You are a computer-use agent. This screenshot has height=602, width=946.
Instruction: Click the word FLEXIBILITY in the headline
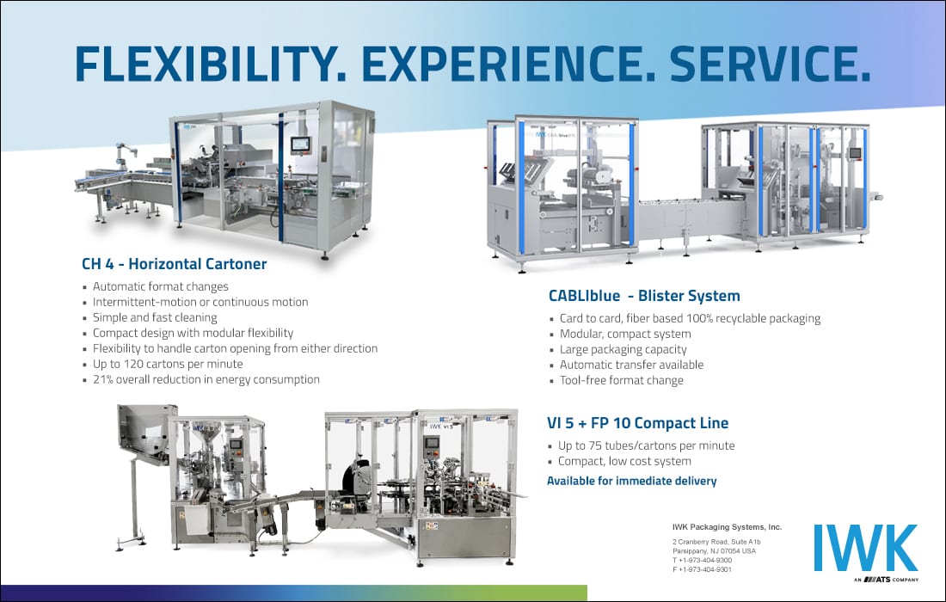[211, 64]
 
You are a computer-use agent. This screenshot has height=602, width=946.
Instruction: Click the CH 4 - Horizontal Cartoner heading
[175, 264]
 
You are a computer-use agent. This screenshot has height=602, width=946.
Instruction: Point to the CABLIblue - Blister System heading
[644, 296]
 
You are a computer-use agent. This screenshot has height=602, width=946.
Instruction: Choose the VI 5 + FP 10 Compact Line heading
[638, 423]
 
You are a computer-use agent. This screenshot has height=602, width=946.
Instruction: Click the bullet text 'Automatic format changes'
[161, 286]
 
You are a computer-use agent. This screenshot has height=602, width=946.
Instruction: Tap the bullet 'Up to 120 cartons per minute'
[168, 364]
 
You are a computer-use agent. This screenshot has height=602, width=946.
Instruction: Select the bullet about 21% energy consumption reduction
[206, 379]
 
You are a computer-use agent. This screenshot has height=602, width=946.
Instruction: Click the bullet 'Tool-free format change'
[622, 380]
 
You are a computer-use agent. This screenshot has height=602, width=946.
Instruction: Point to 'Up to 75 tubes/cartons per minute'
[646, 445]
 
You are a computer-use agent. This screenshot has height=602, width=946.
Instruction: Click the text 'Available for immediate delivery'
[632, 481]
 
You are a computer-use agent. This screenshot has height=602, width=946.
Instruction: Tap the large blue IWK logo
[866, 548]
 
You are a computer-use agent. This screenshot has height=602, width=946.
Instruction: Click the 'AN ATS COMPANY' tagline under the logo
[887, 580]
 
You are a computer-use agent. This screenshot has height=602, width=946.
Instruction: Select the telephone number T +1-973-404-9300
[703, 561]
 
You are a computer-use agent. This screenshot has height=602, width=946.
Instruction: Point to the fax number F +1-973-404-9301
[703, 569]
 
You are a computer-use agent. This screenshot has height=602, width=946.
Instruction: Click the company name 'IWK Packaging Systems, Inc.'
[727, 527]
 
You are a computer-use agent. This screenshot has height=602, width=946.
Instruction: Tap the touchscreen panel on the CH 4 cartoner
[300, 144]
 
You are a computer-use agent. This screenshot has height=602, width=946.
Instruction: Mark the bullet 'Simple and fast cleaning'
[155, 317]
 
